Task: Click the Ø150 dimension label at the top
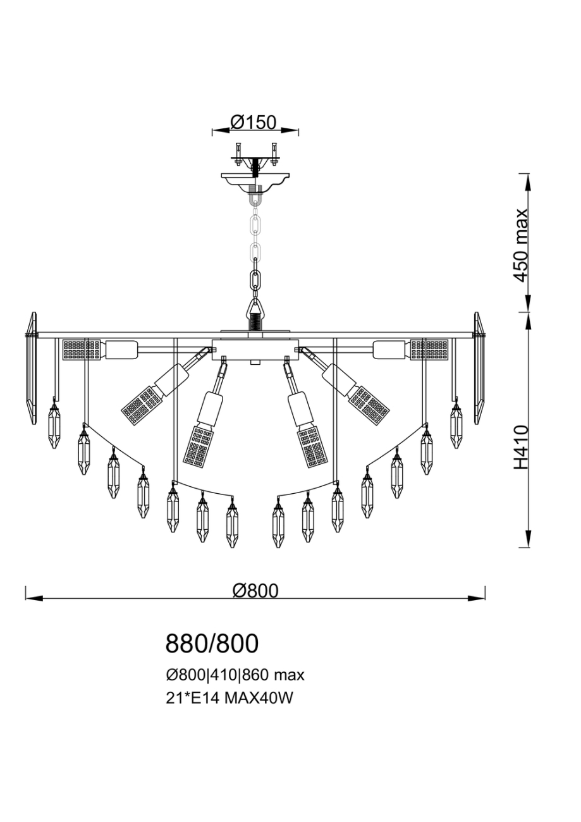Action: [x=254, y=122]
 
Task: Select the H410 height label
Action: [x=520, y=447]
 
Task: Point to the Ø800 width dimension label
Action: [x=255, y=590]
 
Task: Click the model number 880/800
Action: [x=212, y=644]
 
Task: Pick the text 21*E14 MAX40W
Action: [x=230, y=698]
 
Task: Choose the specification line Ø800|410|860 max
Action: [x=235, y=675]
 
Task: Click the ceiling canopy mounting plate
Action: [x=255, y=178]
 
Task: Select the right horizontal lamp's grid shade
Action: [x=429, y=349]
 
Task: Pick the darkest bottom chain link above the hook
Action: [x=255, y=280]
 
